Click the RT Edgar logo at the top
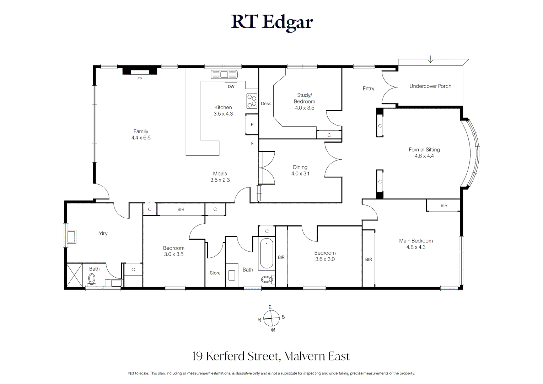[x=272, y=22]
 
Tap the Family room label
[x=141, y=131]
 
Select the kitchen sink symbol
[x=224, y=75]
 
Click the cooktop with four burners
[x=252, y=101]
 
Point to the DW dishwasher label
[x=231, y=86]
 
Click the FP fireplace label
[x=139, y=79]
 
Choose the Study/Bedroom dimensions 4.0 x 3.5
[x=305, y=108]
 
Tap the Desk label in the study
[x=266, y=103]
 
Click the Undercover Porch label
[x=430, y=86]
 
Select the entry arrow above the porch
[x=430, y=59]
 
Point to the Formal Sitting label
[x=424, y=150]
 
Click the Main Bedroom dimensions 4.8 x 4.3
[x=416, y=247]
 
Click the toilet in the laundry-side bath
[x=92, y=280]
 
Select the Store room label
[x=215, y=273]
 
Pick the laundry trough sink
[x=71, y=236]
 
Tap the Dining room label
[x=300, y=167]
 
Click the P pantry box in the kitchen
[x=252, y=124]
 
